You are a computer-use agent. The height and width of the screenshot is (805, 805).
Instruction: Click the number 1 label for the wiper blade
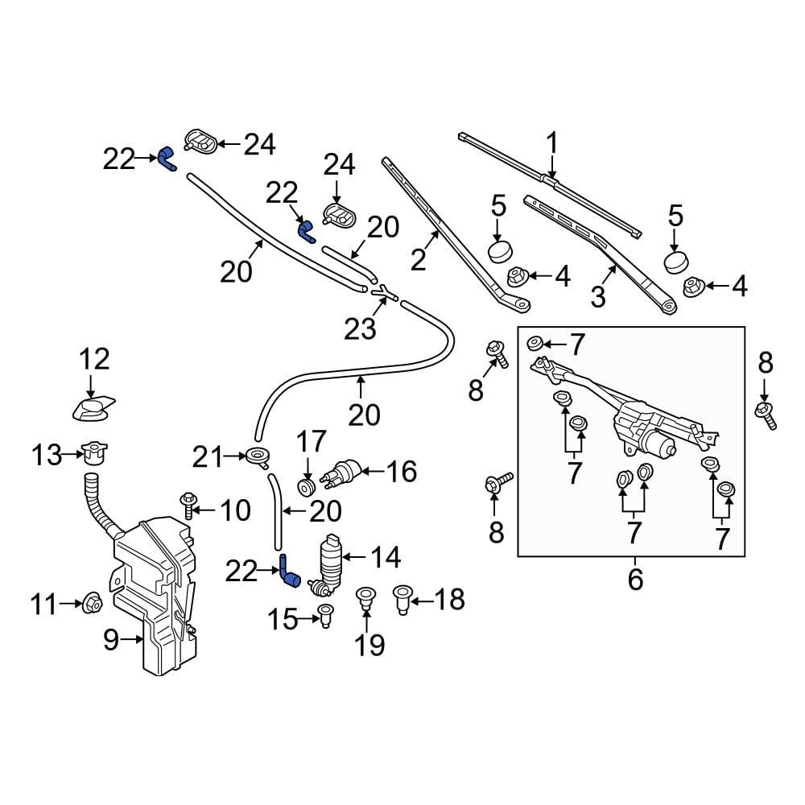pyautogui.click(x=551, y=143)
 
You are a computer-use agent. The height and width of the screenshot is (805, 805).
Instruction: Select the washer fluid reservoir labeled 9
pyautogui.click(x=153, y=596)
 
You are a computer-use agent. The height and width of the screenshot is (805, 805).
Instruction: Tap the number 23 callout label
pyautogui.click(x=360, y=328)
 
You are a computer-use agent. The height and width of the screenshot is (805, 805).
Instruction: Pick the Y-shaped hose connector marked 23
pyautogui.click(x=384, y=293)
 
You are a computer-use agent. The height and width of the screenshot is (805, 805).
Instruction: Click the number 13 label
pyautogui.click(x=47, y=455)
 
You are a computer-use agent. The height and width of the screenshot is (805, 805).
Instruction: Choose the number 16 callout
pyautogui.click(x=402, y=471)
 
